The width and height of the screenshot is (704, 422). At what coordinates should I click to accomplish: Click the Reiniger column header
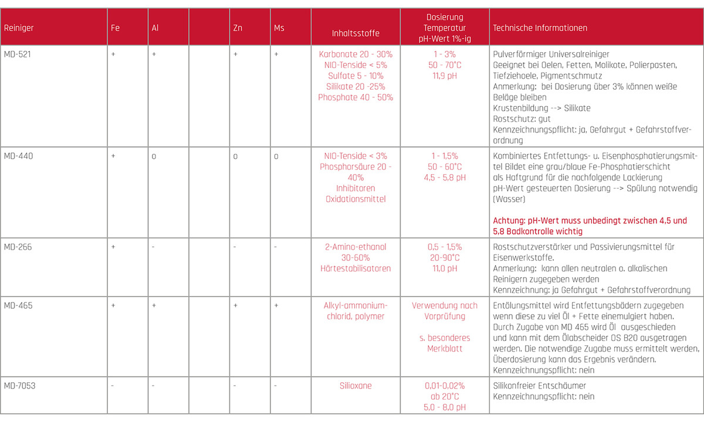point(18,28)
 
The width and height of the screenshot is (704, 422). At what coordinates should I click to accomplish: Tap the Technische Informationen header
point(540,28)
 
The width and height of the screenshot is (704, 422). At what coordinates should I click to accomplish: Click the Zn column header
point(238,28)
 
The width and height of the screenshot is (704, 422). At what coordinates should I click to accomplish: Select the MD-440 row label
point(17,156)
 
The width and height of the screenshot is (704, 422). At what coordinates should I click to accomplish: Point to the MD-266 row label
point(17,247)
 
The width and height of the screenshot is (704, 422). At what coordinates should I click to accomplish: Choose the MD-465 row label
point(17,305)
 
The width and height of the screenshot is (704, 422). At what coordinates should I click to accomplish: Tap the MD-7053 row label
point(19,386)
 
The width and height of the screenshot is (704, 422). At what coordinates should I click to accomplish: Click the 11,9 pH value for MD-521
point(444,76)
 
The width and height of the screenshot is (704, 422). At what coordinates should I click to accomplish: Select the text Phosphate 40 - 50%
point(356,97)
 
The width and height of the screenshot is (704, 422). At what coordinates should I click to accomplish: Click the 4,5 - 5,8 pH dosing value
point(444,178)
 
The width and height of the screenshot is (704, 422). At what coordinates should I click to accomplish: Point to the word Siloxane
point(356,386)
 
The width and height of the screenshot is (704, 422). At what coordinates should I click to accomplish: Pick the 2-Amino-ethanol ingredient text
point(356,247)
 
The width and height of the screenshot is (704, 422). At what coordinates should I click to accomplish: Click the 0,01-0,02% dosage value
point(444,386)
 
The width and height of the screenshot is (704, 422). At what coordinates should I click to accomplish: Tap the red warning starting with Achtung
point(589,226)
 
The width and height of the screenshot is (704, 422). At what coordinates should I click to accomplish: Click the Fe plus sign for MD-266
point(113,247)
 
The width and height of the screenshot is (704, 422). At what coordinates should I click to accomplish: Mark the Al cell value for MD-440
point(154,156)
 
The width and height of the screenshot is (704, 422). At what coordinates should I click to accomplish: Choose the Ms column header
point(279,28)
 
